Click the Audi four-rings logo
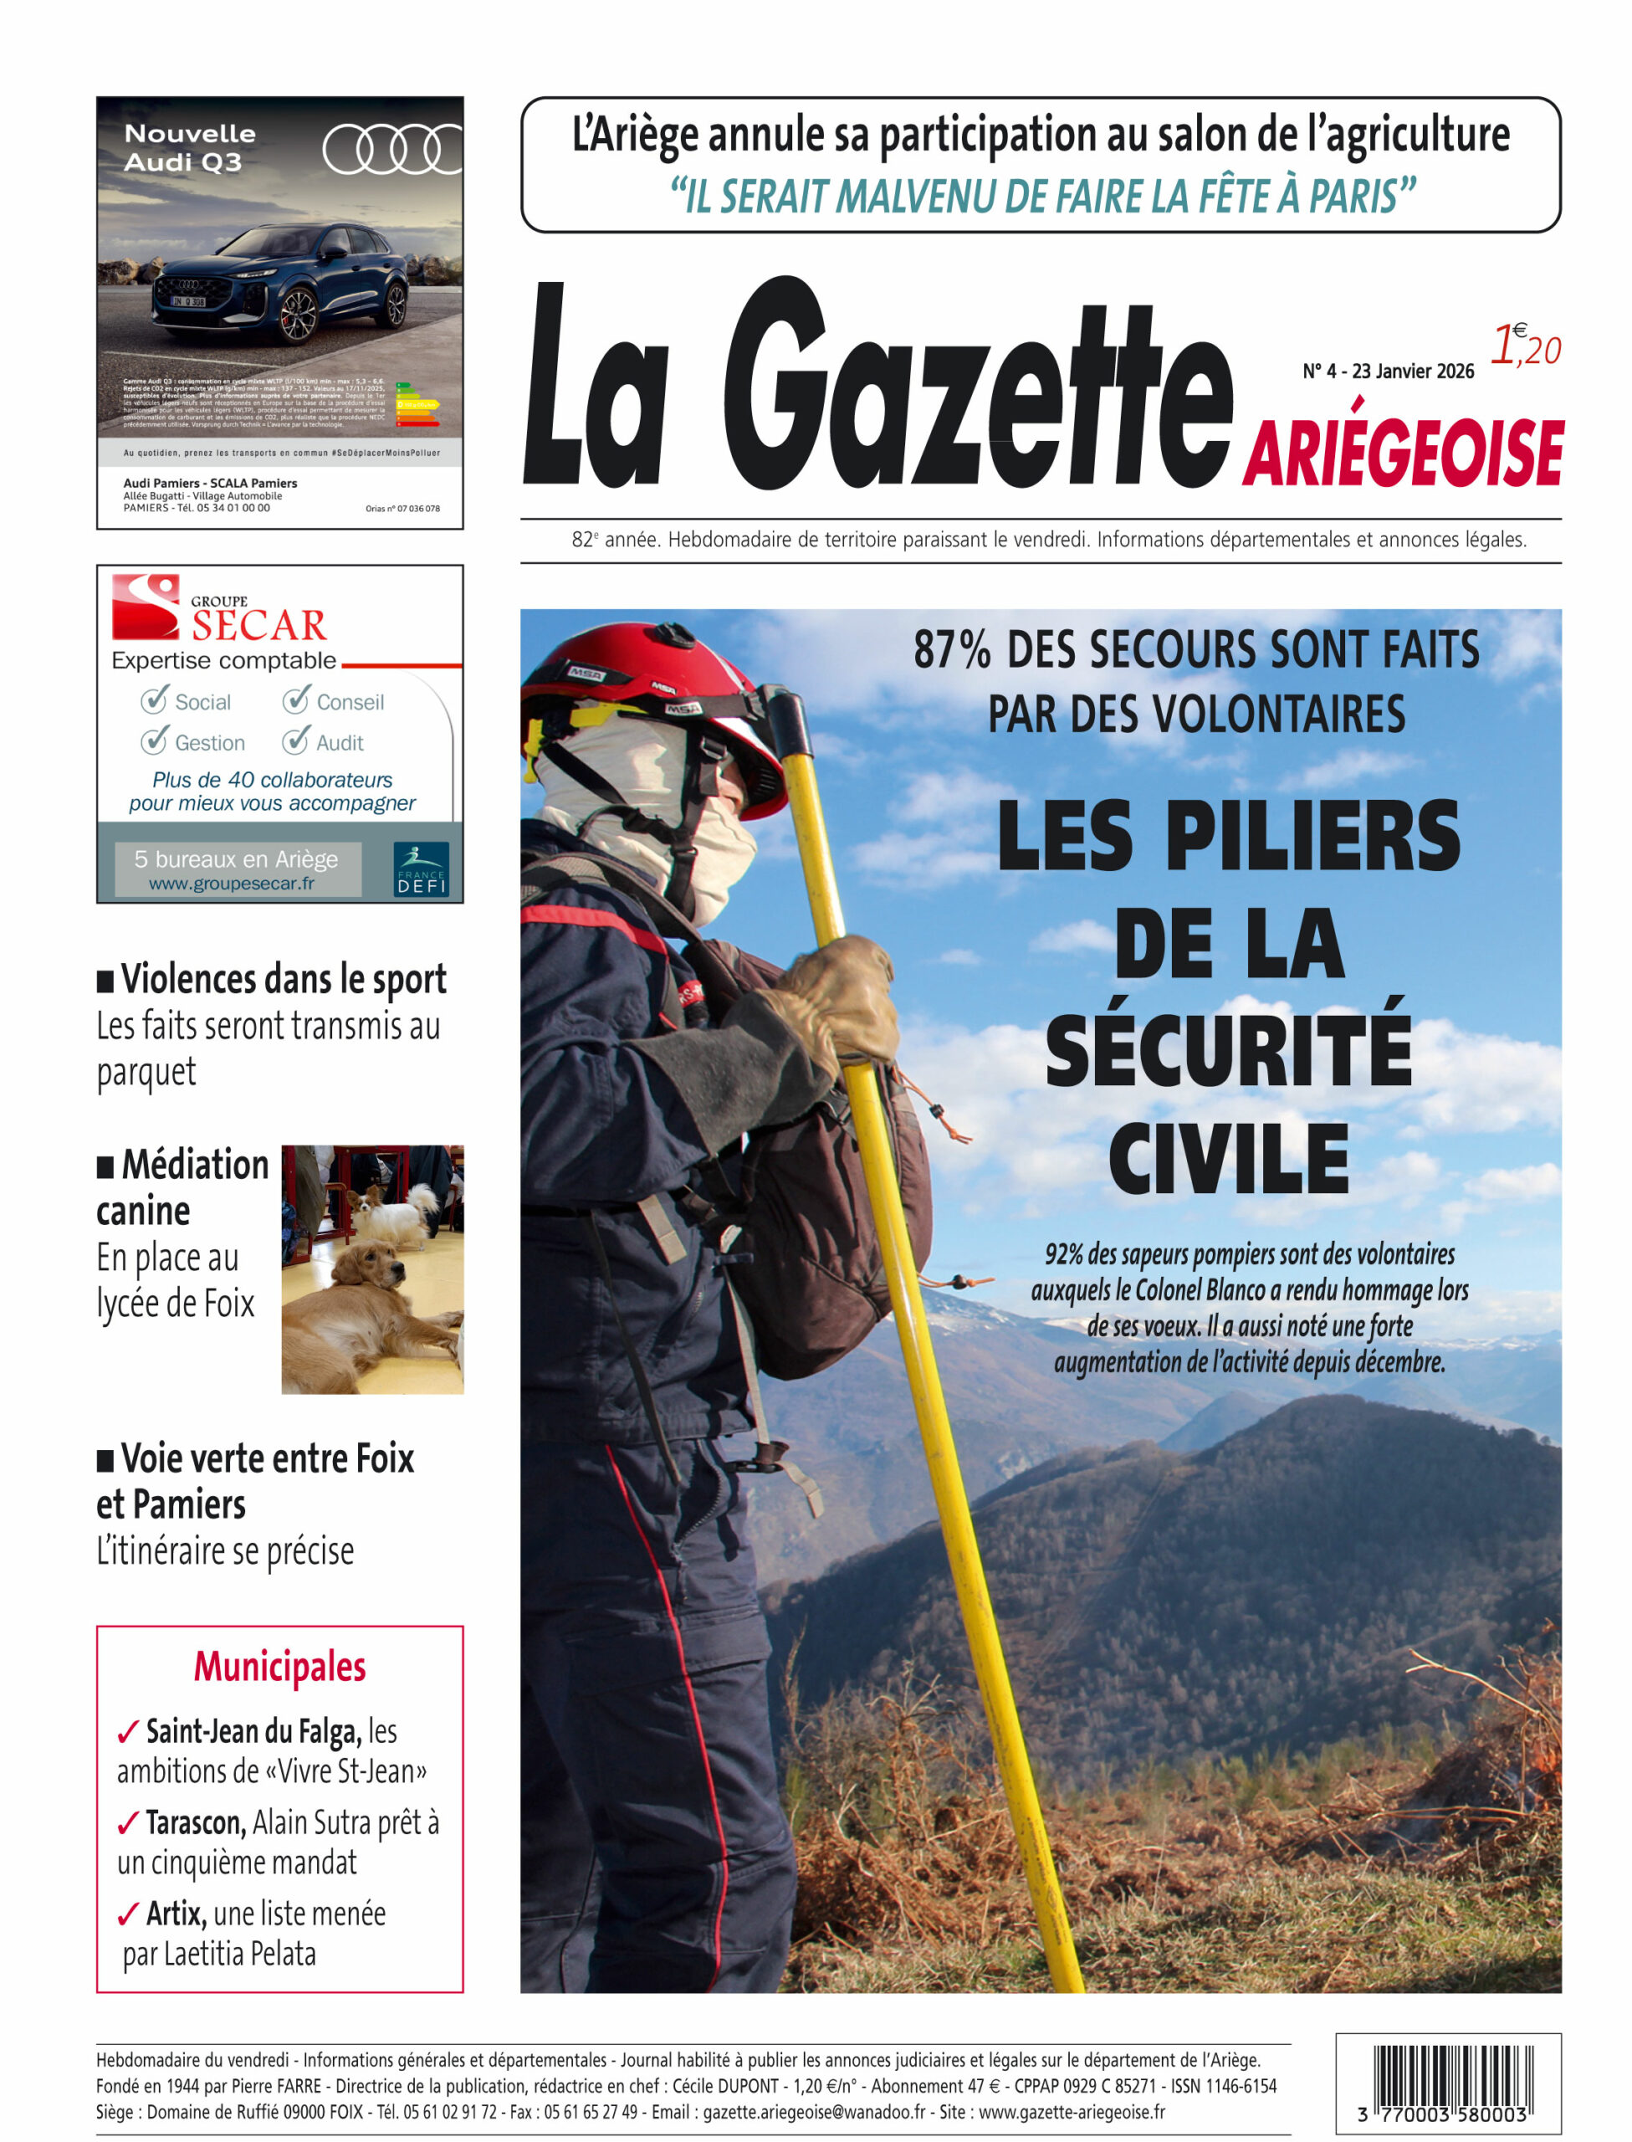pyautogui.click(x=391, y=151)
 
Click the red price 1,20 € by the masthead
pyautogui.click(x=1525, y=345)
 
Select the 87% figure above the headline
pyautogui.click(x=952, y=650)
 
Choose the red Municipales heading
pyautogui.click(x=279, y=1666)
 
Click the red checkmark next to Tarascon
pyautogui.click(x=127, y=1824)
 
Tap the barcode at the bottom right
pyautogui.click(x=1447, y=2076)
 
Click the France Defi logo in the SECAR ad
pyautogui.click(x=421, y=869)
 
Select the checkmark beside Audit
pyautogui.click(x=295, y=741)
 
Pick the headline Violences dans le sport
pyautogui.click(x=283, y=979)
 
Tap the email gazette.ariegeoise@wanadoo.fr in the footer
pyautogui.click(x=814, y=2112)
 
